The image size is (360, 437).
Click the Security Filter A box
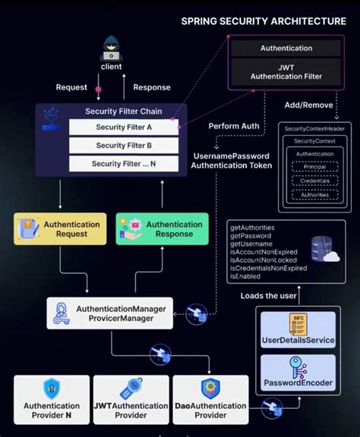[122, 127]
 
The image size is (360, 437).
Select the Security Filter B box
[122, 145]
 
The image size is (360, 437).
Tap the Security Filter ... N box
[122, 163]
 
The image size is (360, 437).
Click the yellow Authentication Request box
[61, 229]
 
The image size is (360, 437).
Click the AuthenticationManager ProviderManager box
[110, 313]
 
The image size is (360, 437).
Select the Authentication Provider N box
[52, 399]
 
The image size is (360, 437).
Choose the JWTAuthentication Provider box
[131, 399]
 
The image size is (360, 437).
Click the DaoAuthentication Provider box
[210, 399]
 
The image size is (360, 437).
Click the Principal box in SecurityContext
[314, 167]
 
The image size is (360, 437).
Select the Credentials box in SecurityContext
[314, 181]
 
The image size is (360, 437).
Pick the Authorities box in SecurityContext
[314, 195]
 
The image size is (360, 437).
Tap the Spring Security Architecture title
[263, 21]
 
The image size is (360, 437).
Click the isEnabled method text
[246, 277]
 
